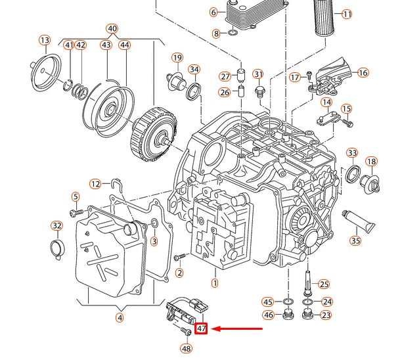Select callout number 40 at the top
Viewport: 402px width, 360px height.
[112, 28]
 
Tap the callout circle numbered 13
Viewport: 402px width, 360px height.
[45, 41]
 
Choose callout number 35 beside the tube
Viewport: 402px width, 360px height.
[355, 241]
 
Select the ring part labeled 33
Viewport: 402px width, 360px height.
[352, 175]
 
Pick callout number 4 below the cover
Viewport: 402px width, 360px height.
[119, 319]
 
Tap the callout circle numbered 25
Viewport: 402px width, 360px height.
[324, 284]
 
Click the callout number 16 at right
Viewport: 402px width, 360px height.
[363, 73]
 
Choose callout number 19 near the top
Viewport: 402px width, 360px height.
[177, 58]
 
